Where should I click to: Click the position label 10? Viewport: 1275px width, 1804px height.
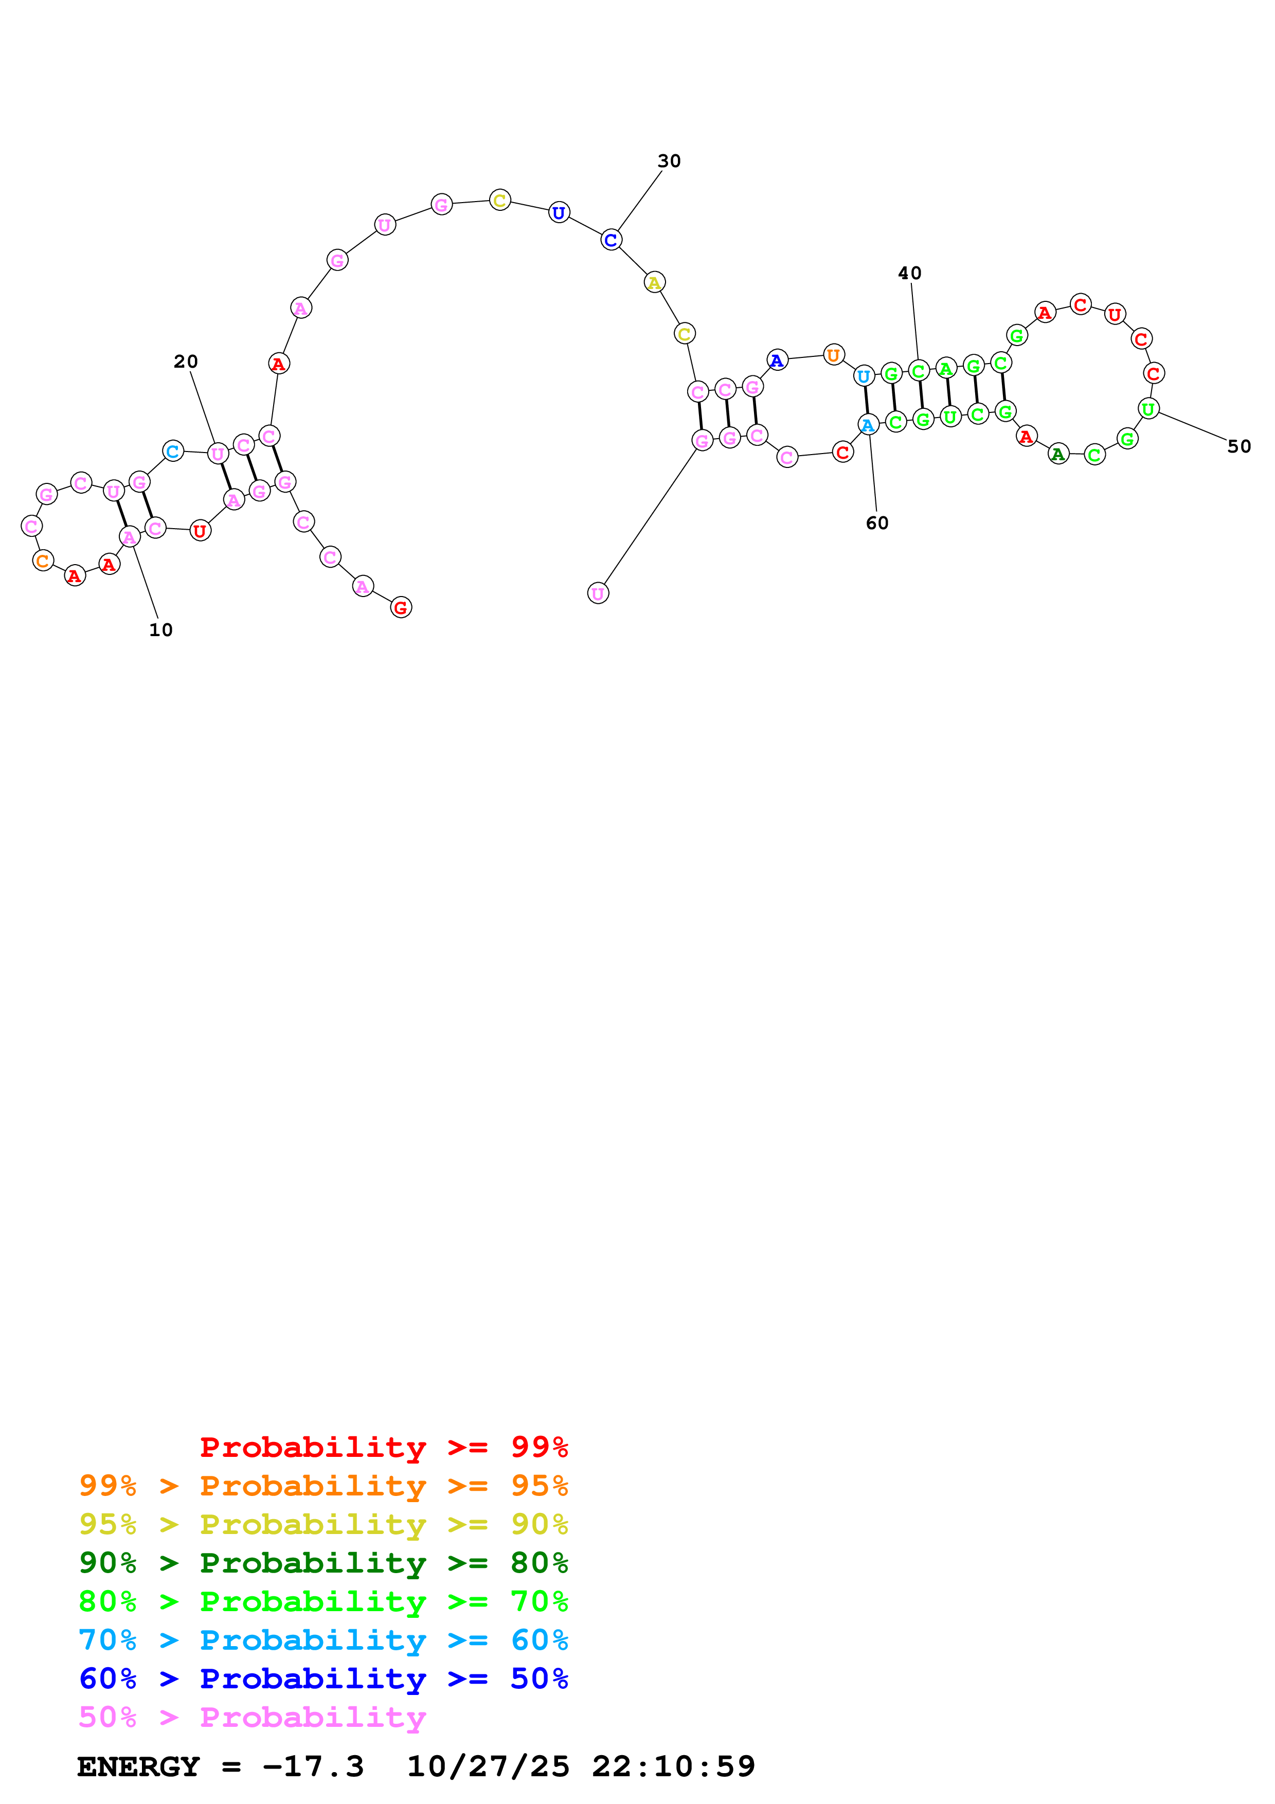click(x=160, y=629)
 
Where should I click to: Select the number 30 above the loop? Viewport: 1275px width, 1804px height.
click(x=669, y=161)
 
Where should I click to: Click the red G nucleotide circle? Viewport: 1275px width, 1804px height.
click(x=401, y=607)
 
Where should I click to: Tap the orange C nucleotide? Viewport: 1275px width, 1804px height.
click(x=43, y=560)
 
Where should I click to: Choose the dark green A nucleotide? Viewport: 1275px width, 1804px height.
click(x=1058, y=454)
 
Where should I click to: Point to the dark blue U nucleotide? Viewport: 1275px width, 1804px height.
click(x=559, y=212)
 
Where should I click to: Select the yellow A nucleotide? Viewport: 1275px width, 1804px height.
click(x=654, y=282)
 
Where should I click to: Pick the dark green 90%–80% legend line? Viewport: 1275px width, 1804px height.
click(x=323, y=1563)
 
